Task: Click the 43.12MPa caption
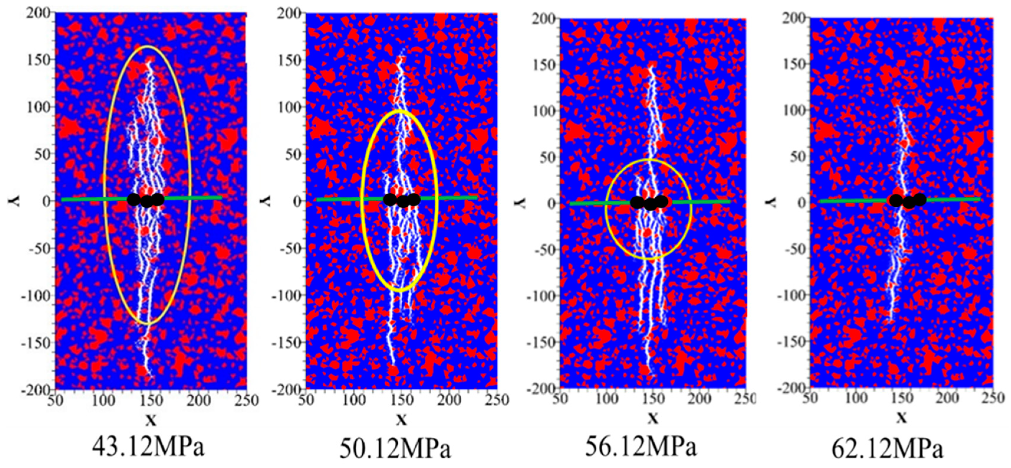tap(148, 446)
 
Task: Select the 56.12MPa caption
tap(641, 446)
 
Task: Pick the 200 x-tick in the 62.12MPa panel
tap(947, 398)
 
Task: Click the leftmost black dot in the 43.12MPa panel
tap(134, 199)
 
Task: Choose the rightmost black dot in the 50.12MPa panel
tap(414, 199)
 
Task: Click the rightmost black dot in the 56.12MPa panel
tap(661, 201)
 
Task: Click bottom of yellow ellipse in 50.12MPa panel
tap(399, 290)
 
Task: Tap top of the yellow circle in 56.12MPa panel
tap(648, 160)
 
